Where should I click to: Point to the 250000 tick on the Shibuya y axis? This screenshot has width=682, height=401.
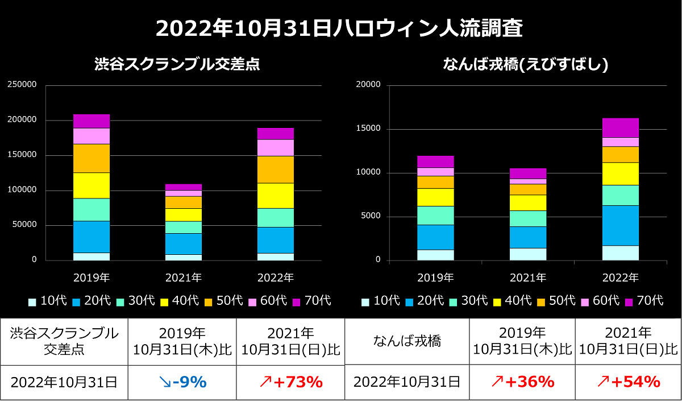click(x=22, y=85)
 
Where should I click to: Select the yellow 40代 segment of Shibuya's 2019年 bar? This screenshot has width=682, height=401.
click(x=92, y=185)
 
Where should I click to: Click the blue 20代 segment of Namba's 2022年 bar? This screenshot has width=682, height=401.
click(x=621, y=225)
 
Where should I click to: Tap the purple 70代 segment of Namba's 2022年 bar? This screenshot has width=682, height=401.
click(x=621, y=127)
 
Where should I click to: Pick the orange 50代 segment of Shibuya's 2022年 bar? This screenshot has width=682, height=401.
click(x=276, y=170)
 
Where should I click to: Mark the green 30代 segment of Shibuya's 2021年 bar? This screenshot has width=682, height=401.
click(x=184, y=227)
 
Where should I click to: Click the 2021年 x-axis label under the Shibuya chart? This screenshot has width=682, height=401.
click(x=184, y=278)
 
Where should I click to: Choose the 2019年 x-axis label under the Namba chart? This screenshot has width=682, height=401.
click(x=435, y=278)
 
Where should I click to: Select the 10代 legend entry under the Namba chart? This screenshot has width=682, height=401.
click(x=382, y=300)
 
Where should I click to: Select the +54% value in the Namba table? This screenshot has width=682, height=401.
click(x=628, y=382)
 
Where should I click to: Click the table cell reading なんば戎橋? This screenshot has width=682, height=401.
click(x=407, y=341)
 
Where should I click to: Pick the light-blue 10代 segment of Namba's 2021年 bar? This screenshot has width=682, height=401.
click(x=528, y=254)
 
